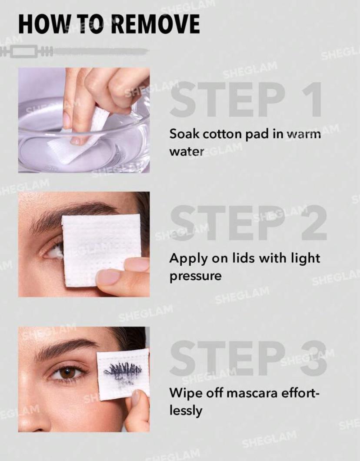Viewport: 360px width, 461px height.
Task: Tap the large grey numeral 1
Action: coord(312,100)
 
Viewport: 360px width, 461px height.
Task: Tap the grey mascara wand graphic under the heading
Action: coord(73,51)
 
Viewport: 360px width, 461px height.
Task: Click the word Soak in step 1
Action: coord(184,134)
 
